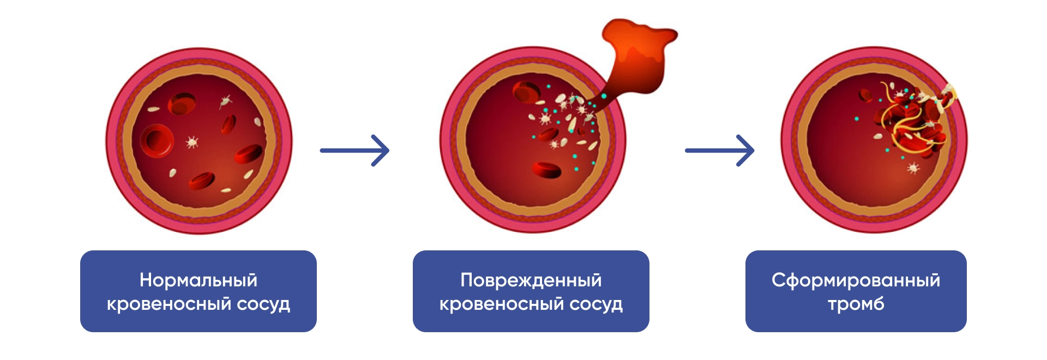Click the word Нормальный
[x=198, y=280]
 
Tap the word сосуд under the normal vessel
[x=263, y=303]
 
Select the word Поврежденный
[x=531, y=280]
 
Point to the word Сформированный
[x=856, y=280]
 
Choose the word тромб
[x=856, y=303]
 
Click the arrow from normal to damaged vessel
[x=354, y=150]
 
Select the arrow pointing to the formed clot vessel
[x=719, y=150]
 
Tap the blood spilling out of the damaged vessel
[x=638, y=55]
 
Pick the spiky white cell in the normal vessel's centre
[x=192, y=142]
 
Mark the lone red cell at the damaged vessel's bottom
[x=546, y=170]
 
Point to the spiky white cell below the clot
[x=913, y=169]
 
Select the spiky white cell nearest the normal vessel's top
[x=226, y=101]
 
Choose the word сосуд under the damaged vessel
[x=596, y=303]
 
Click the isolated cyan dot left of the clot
[x=857, y=118]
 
